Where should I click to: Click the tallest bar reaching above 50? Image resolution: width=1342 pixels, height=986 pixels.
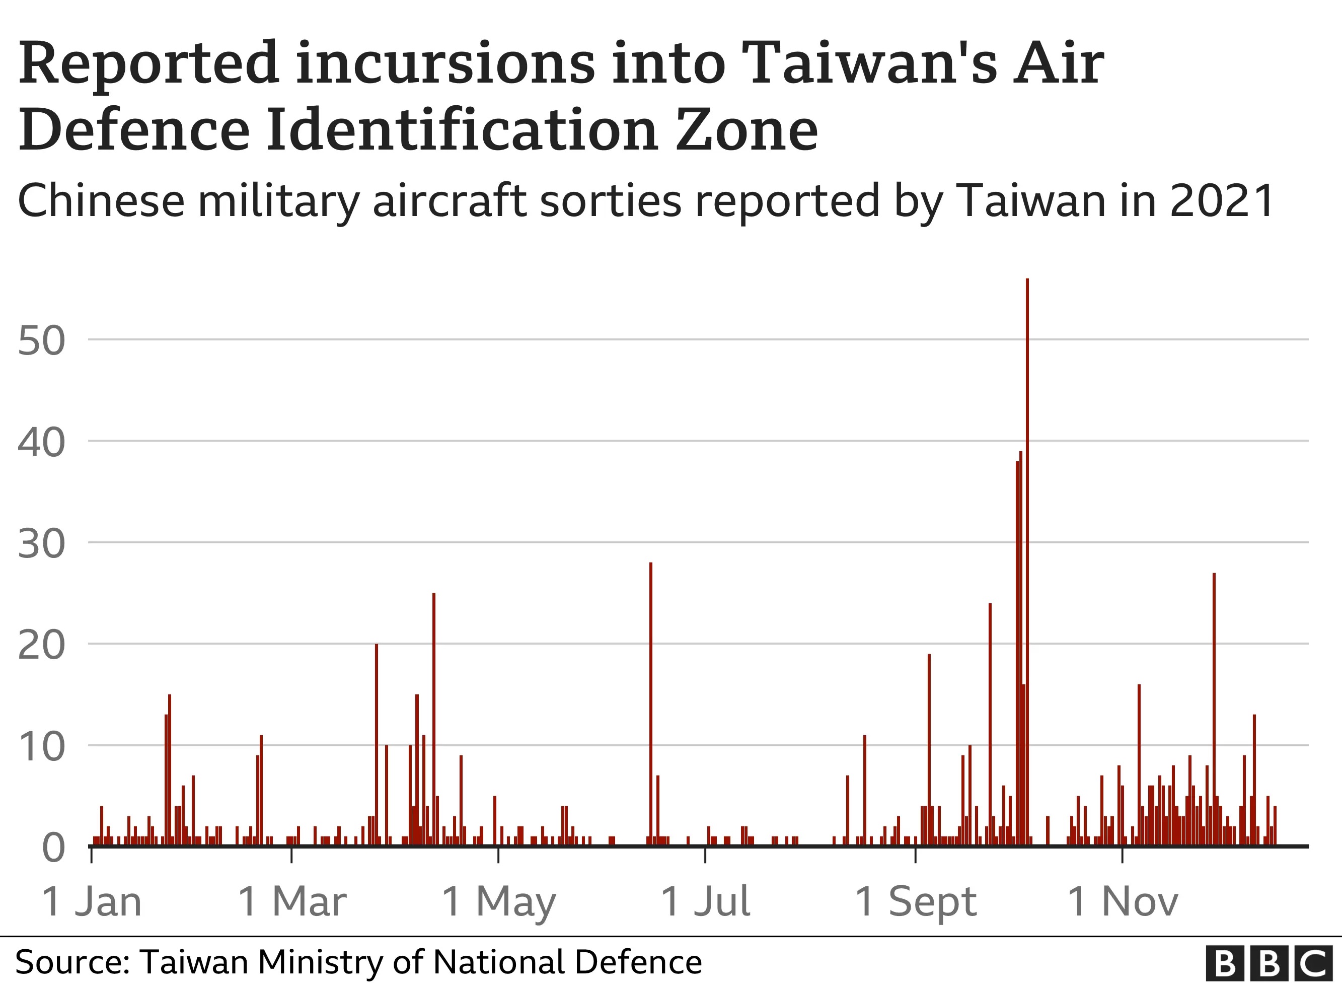click(x=1027, y=561)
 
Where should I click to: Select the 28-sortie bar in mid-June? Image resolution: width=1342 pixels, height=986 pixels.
click(x=651, y=705)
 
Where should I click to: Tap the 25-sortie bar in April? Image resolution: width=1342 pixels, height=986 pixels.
click(x=433, y=719)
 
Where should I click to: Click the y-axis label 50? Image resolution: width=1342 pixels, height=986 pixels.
click(x=41, y=341)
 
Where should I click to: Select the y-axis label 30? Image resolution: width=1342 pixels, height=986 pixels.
click(x=41, y=544)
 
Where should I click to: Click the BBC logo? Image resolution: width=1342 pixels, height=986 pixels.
click(x=1269, y=963)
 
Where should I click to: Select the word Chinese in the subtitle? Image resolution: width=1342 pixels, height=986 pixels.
click(x=101, y=200)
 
